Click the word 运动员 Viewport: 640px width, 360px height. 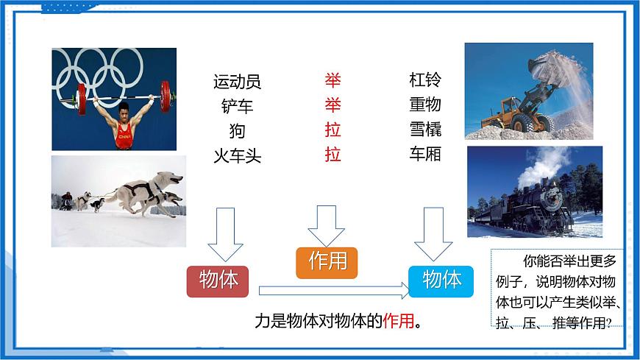tap(237, 82)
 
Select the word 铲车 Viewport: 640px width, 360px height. tap(237, 107)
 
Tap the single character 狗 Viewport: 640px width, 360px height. tap(237, 131)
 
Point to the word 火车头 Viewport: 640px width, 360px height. tap(237, 156)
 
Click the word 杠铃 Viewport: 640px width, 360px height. tap(425, 80)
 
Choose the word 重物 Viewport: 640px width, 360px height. tap(425, 105)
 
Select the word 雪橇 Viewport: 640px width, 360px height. tap(425, 130)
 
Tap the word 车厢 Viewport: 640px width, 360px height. tap(425, 155)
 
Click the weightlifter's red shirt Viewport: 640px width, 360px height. tap(126, 135)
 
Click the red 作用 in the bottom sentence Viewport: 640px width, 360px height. tap(399, 322)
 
